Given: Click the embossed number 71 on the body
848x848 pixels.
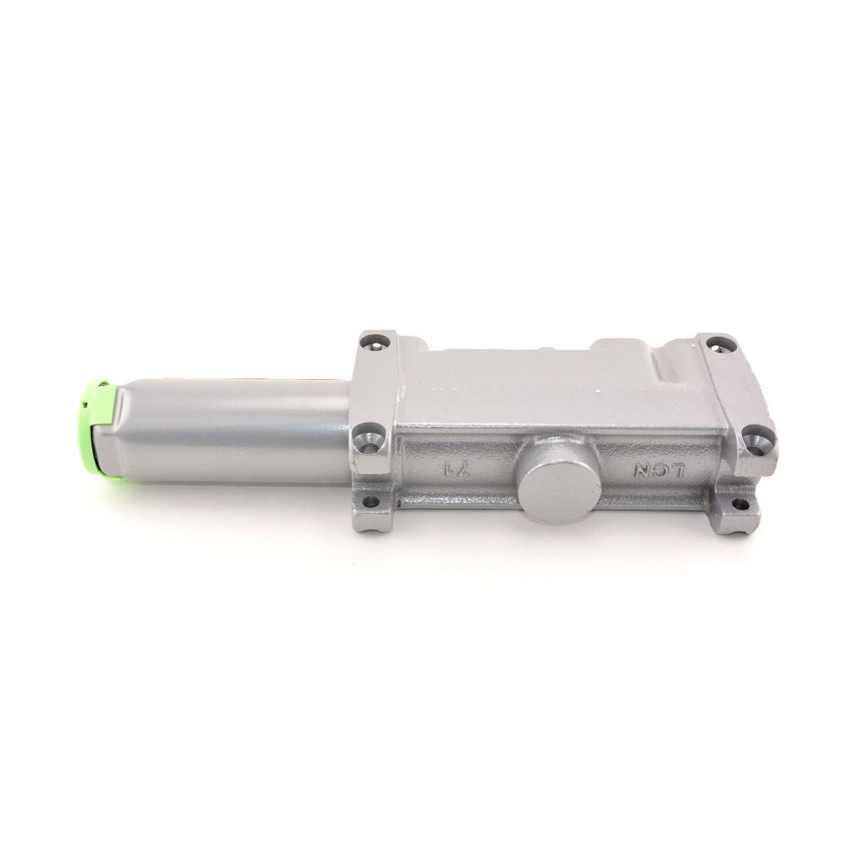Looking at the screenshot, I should (452, 469).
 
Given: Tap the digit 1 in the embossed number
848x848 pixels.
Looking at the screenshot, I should (444, 469).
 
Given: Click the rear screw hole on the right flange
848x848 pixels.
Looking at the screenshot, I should (721, 343).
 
